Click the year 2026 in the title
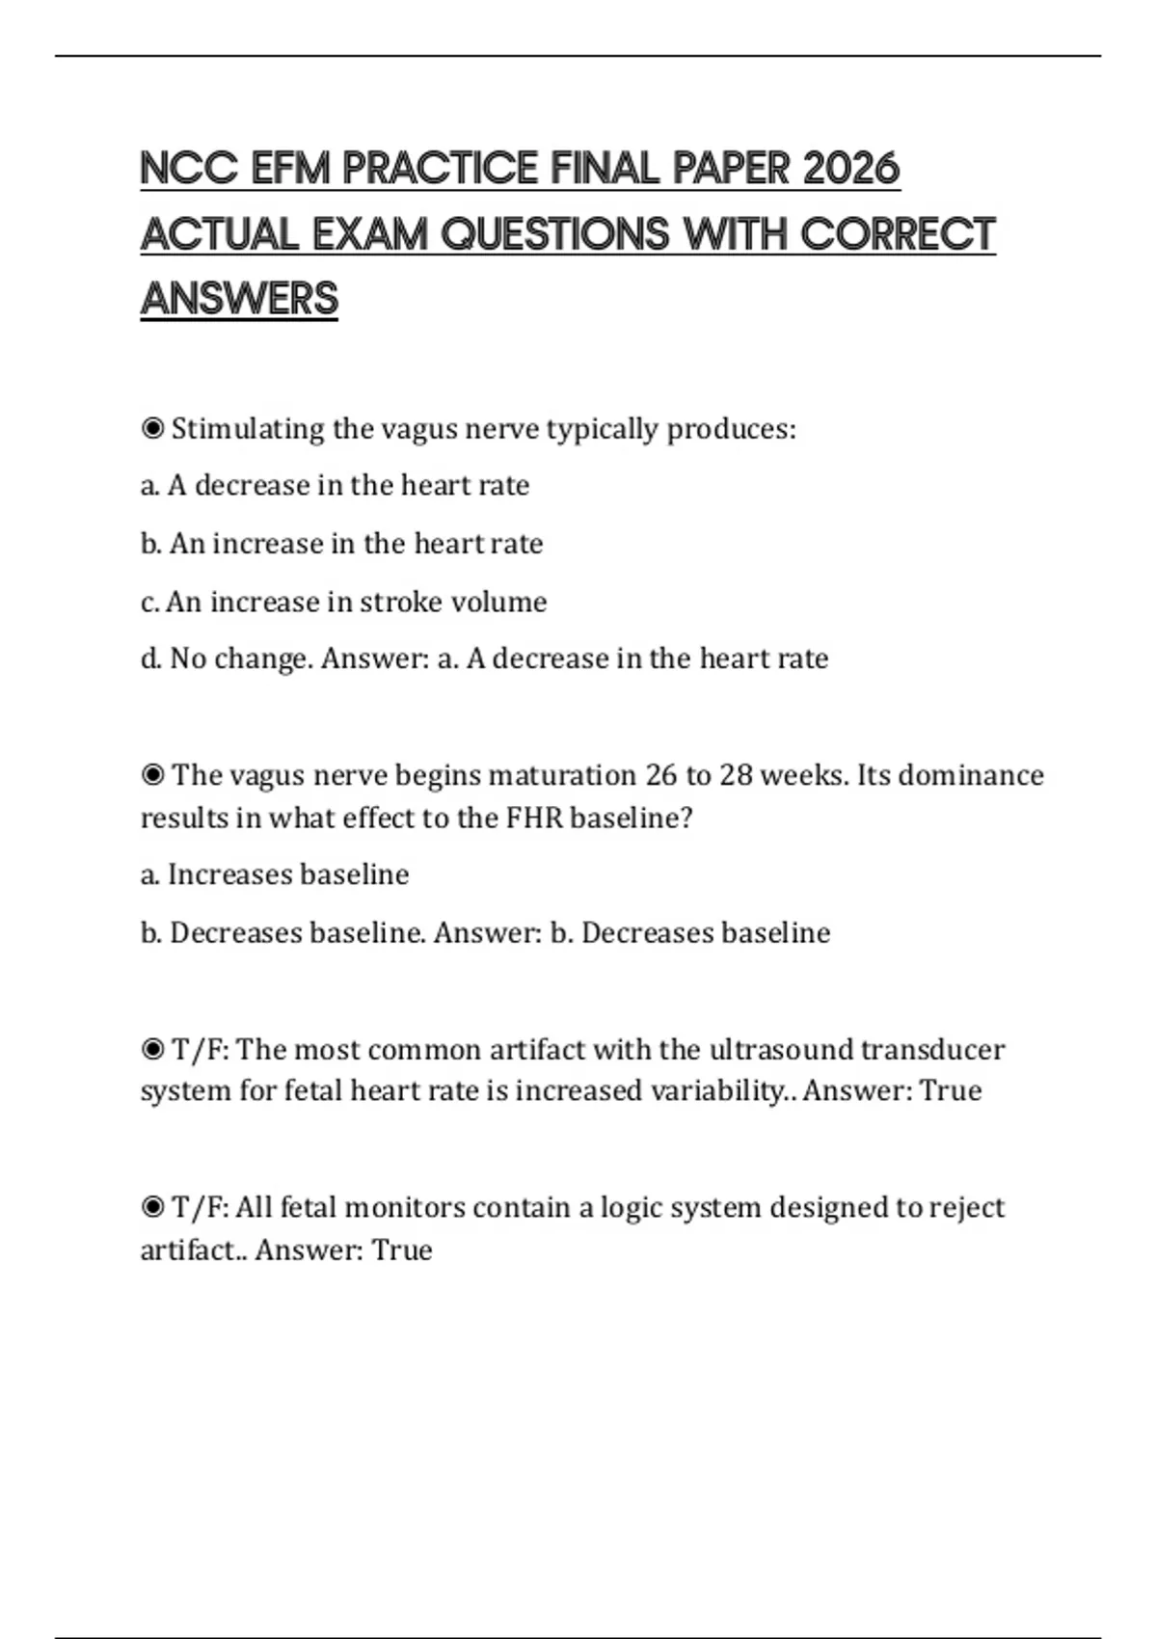(850, 169)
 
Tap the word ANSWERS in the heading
(239, 299)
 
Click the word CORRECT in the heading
(898, 234)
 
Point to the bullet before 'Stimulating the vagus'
(152, 428)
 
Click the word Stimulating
(248, 429)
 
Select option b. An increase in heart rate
(342, 544)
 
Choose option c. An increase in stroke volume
(344, 602)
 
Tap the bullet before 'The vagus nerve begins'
(152, 775)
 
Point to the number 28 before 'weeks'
(736, 775)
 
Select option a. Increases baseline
(276, 874)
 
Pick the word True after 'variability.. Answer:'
(951, 1090)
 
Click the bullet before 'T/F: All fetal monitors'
(152, 1207)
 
